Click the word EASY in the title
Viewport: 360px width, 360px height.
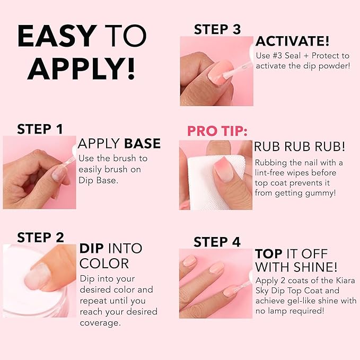57,37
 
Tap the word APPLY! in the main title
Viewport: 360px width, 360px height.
81,68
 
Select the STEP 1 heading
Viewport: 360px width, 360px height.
40,129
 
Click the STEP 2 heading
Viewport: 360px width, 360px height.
40,237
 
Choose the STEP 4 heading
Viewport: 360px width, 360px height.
217,242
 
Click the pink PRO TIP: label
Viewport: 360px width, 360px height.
217,131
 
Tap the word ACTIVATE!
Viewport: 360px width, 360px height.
292,41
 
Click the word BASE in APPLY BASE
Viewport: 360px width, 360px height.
142,144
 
